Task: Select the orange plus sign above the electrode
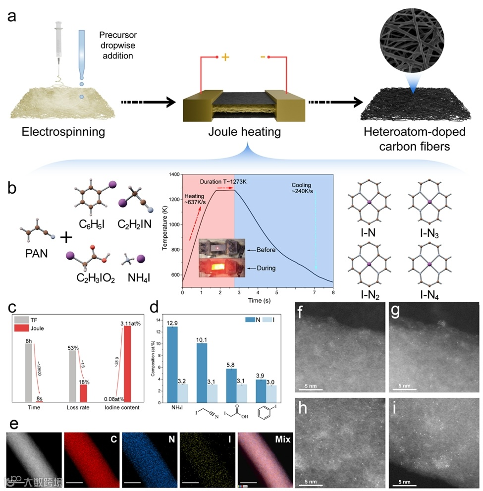pyautogui.click(x=225, y=57)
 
